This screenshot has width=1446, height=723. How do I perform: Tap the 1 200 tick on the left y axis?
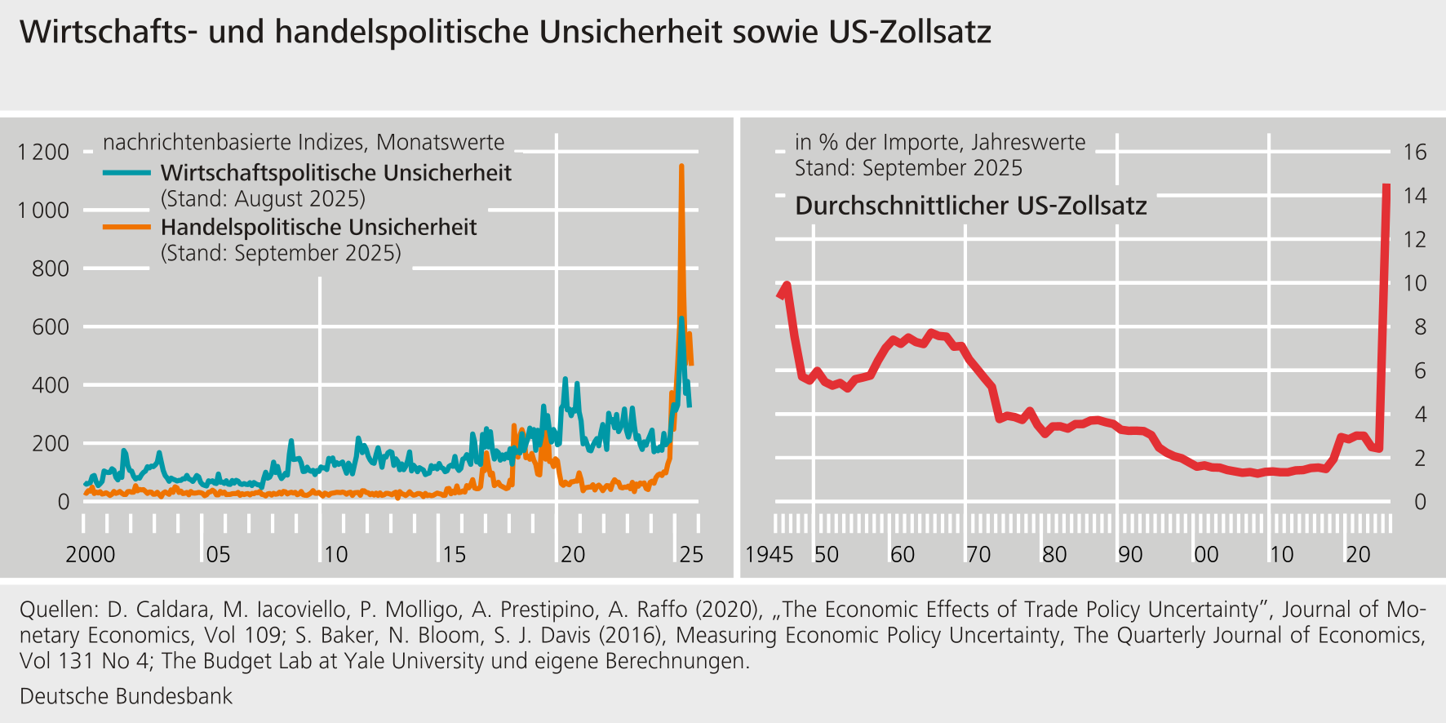[x=43, y=152]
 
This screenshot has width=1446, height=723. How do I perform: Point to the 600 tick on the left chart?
[x=51, y=327]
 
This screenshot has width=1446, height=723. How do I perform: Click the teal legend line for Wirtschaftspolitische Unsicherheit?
[x=126, y=173]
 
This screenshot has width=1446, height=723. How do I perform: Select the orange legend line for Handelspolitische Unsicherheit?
[x=126, y=227]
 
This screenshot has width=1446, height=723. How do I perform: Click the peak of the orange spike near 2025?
[x=681, y=167]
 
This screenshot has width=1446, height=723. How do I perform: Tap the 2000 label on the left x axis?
[x=90, y=555]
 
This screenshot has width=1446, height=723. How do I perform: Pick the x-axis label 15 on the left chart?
[x=454, y=555]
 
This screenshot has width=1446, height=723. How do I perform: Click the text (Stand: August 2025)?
[x=263, y=199]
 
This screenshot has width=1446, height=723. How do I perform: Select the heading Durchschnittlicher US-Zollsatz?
[x=970, y=206]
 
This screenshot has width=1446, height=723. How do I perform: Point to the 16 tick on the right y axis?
[x=1414, y=152]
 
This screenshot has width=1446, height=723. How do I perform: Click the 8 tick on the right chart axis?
[x=1420, y=327]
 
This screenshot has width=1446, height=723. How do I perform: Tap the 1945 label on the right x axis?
[x=769, y=555]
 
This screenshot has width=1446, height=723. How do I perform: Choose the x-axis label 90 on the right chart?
[x=1129, y=555]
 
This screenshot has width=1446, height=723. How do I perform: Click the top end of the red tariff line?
[x=1386, y=187]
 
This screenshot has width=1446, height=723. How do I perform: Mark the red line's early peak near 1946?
[x=787, y=286]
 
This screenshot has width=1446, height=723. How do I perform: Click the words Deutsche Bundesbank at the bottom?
[x=126, y=696]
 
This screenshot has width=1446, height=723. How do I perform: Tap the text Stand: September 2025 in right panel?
[x=908, y=168]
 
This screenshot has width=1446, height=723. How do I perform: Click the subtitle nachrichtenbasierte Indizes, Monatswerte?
[x=304, y=142]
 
